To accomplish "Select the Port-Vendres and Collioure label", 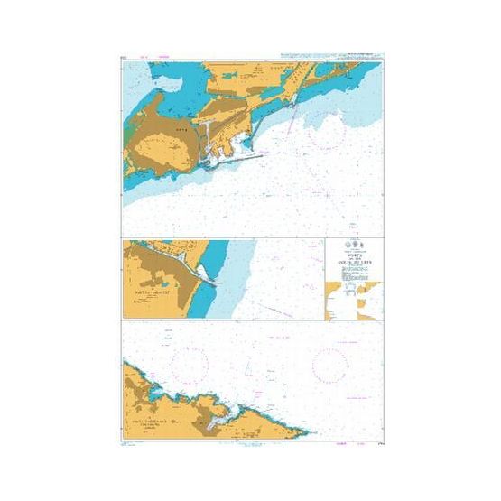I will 155,424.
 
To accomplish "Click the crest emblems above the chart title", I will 353,245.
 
